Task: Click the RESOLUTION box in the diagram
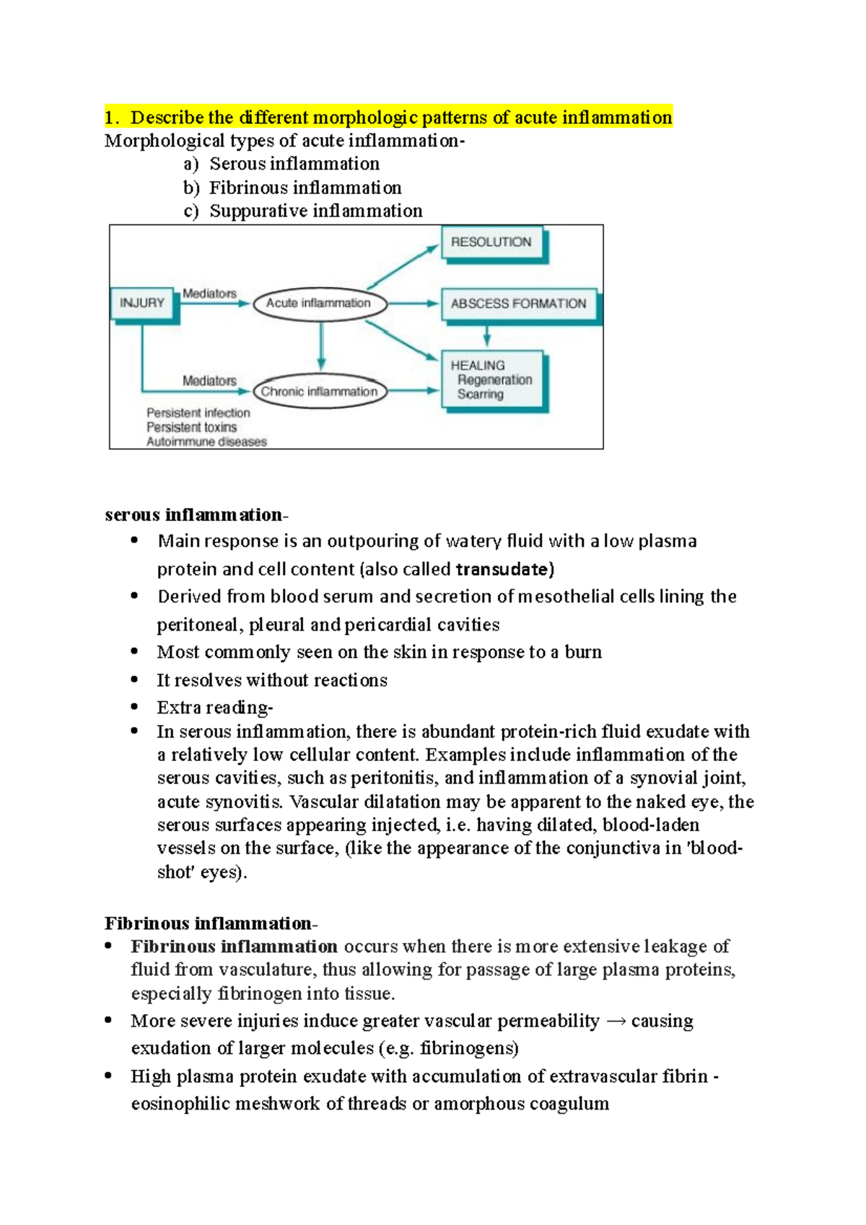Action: click(x=492, y=243)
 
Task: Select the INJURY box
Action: click(x=142, y=303)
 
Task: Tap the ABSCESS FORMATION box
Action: click(x=518, y=304)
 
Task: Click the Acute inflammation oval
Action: click(x=319, y=304)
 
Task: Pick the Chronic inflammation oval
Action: click(x=320, y=392)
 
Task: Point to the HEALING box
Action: click(x=492, y=379)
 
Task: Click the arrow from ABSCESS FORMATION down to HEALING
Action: click(x=487, y=335)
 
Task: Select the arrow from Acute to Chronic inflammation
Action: click(x=321, y=347)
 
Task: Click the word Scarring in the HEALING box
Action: click(x=481, y=395)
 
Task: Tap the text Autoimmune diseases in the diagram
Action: click(x=206, y=442)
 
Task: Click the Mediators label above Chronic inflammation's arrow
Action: click(x=209, y=380)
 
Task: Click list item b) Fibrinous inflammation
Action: click(x=292, y=188)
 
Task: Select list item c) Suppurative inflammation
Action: click(x=303, y=211)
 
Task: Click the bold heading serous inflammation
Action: click(x=195, y=515)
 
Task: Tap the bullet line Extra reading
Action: click(x=214, y=708)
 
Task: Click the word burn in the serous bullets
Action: click(x=583, y=652)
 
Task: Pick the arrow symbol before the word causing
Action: click(x=616, y=1022)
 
